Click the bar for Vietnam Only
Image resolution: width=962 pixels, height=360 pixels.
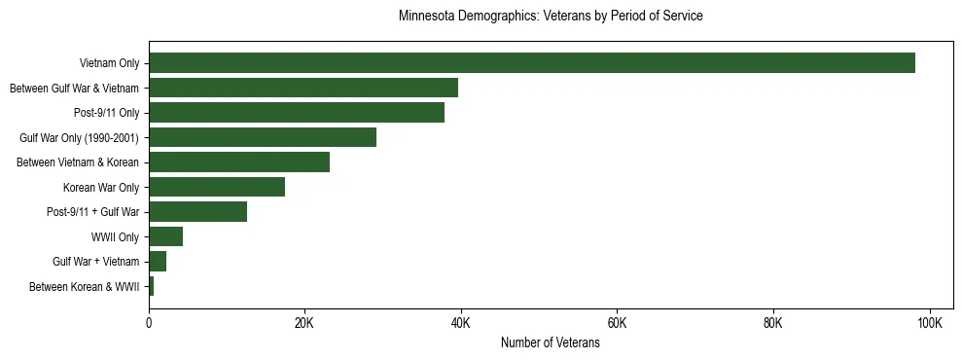coord(532,63)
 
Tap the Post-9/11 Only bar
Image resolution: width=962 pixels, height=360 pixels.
coord(297,113)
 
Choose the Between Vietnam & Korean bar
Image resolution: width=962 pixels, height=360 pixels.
coord(239,162)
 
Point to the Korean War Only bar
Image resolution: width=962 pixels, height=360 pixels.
coord(217,187)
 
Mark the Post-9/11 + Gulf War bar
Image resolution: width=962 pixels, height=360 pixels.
coord(197,212)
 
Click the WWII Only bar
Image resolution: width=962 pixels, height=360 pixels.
coord(165,236)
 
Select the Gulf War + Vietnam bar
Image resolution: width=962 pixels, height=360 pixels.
coord(158,262)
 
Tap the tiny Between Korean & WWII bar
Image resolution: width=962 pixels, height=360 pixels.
coord(151,286)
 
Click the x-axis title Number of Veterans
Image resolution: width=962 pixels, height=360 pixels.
coord(550,343)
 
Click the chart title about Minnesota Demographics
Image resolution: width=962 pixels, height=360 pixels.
coord(550,17)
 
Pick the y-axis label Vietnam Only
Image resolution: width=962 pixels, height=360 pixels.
coord(109,63)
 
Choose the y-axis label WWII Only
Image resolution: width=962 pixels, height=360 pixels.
coord(115,236)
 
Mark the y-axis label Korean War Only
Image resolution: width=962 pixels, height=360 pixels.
coord(101,187)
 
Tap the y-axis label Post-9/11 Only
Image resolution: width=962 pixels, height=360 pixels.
coord(106,113)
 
